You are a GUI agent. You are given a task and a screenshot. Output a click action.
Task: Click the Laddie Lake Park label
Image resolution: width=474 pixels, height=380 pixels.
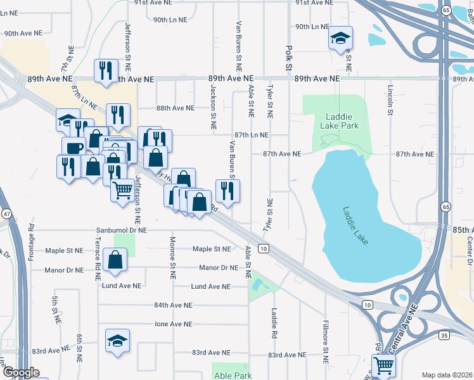coord(342,121)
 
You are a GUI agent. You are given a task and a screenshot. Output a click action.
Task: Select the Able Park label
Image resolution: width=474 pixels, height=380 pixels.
coord(232,375)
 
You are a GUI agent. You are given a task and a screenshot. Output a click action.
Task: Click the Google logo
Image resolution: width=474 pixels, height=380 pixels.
coord(21,372)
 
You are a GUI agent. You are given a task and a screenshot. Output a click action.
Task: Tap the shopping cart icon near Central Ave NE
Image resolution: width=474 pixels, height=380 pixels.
coord(383,365)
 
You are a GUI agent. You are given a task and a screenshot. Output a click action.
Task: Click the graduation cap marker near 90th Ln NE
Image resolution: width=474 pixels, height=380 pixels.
coord(340,39)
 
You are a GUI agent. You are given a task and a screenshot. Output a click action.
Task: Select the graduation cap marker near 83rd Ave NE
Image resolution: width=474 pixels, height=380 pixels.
coord(118,341)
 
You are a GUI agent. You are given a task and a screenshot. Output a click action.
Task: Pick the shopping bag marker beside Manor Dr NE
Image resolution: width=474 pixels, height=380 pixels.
coord(115,260)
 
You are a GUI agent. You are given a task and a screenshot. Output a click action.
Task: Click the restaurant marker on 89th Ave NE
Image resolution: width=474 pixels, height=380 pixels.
coord(106,70)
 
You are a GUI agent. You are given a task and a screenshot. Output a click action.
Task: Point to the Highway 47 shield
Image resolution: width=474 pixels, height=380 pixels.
coord(6,213)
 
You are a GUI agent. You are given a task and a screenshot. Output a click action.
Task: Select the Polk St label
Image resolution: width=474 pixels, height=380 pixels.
coord(289,57)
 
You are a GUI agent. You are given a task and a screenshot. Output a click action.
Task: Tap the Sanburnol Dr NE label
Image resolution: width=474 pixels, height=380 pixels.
coord(122,231)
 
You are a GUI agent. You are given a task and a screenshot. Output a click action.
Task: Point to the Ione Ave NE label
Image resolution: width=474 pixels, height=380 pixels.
coord(174,324)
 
